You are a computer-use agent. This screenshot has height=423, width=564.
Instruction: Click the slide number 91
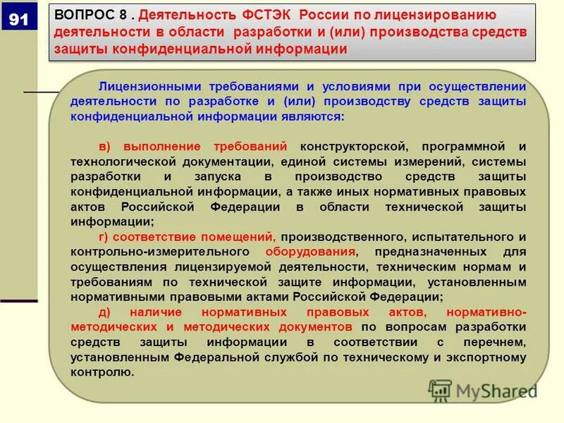coord(18,20)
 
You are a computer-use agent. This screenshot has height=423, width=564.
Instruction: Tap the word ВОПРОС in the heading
coord(81,16)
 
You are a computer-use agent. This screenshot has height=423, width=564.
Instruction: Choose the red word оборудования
coord(310,252)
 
